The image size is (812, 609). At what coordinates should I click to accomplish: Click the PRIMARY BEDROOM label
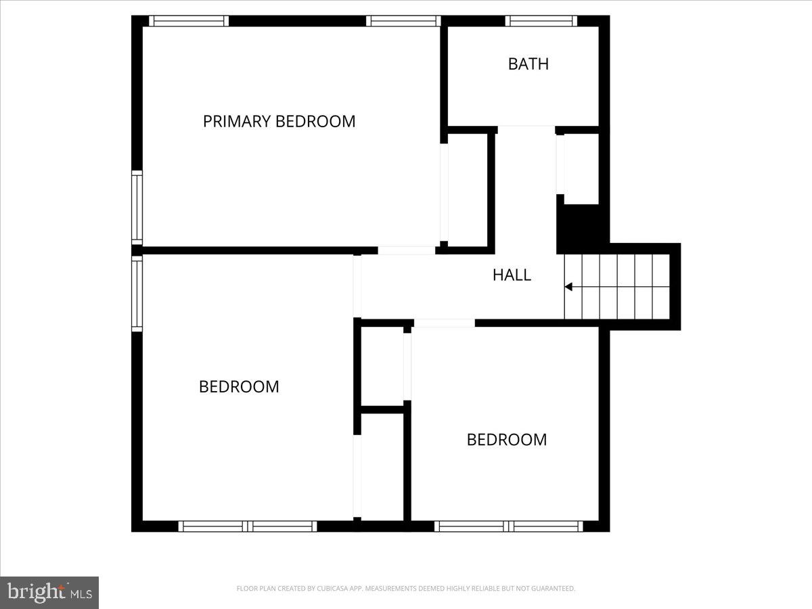[x=279, y=121]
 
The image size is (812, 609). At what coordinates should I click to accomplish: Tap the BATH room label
[x=528, y=64]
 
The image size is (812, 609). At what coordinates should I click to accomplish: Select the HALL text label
[x=512, y=275]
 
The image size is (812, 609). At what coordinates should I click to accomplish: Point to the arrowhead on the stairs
[x=569, y=287]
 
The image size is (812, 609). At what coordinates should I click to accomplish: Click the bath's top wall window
[x=541, y=21]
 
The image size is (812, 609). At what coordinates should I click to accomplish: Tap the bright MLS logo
[x=49, y=592]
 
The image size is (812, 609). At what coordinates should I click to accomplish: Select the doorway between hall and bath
[x=526, y=129]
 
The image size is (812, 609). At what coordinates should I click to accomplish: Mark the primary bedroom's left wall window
[x=137, y=208]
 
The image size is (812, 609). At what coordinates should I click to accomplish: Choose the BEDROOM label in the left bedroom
[x=239, y=386]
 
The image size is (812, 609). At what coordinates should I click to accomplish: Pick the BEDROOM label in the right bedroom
[x=507, y=439]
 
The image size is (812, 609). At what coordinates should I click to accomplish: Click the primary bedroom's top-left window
[x=188, y=21]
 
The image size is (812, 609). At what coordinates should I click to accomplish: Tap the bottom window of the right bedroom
[x=509, y=526]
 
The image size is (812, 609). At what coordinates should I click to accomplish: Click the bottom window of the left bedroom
[x=248, y=526]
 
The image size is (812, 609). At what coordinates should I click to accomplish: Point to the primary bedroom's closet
[x=467, y=189]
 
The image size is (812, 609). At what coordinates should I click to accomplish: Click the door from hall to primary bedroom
[x=406, y=250]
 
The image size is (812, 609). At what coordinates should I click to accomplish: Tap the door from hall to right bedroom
[x=444, y=323]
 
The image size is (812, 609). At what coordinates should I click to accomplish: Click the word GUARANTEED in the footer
[x=553, y=589]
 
